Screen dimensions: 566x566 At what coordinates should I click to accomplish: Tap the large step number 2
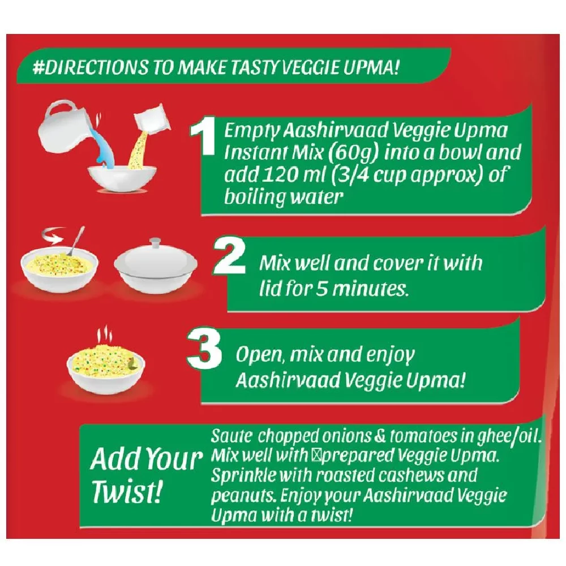[x=230, y=256]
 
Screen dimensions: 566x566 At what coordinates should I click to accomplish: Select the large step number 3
[x=205, y=349]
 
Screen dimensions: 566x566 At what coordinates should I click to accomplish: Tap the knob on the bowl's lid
[x=155, y=243]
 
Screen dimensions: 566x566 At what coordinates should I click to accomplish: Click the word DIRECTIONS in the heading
[x=90, y=67]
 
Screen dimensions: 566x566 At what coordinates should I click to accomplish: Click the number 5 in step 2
[x=322, y=288]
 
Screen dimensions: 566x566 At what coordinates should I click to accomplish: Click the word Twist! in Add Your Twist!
[x=126, y=492]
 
